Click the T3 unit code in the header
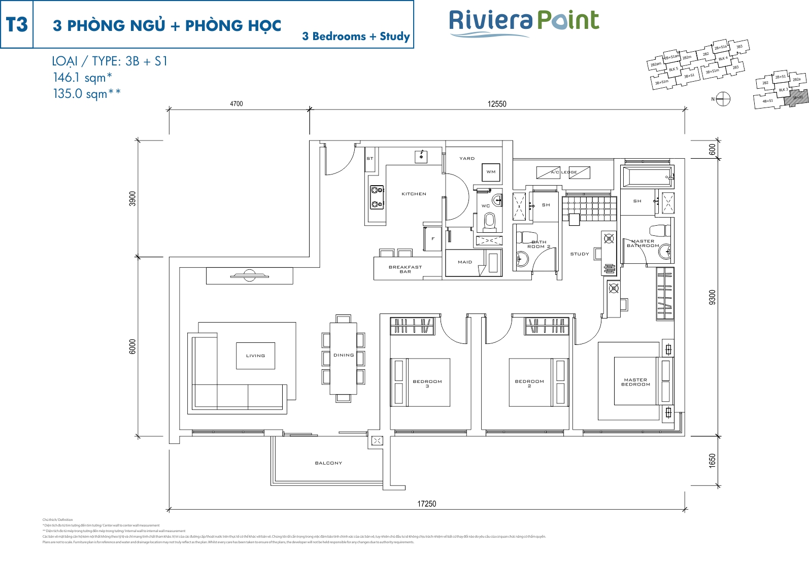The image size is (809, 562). coord(17,24)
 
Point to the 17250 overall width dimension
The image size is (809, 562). coord(426,504)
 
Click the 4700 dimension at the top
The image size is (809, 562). coord(237,104)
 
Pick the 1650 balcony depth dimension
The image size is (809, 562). coord(712,461)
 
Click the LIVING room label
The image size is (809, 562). coord(255,356)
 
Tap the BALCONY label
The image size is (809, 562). coord(328,463)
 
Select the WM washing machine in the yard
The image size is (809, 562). coord(491,172)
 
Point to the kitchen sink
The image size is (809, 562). coord(421,156)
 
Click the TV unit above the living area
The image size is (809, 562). coord(249,276)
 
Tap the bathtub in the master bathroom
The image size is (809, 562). coord(647,177)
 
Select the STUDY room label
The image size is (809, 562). coord(579,254)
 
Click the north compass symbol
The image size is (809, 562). coord(723,99)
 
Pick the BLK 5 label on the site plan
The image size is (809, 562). coord(673,69)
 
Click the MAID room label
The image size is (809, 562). coord(464,262)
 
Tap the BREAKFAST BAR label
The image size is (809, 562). coord(405,269)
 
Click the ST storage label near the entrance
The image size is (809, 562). coord(369,159)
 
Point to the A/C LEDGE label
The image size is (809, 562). coord(564,172)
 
